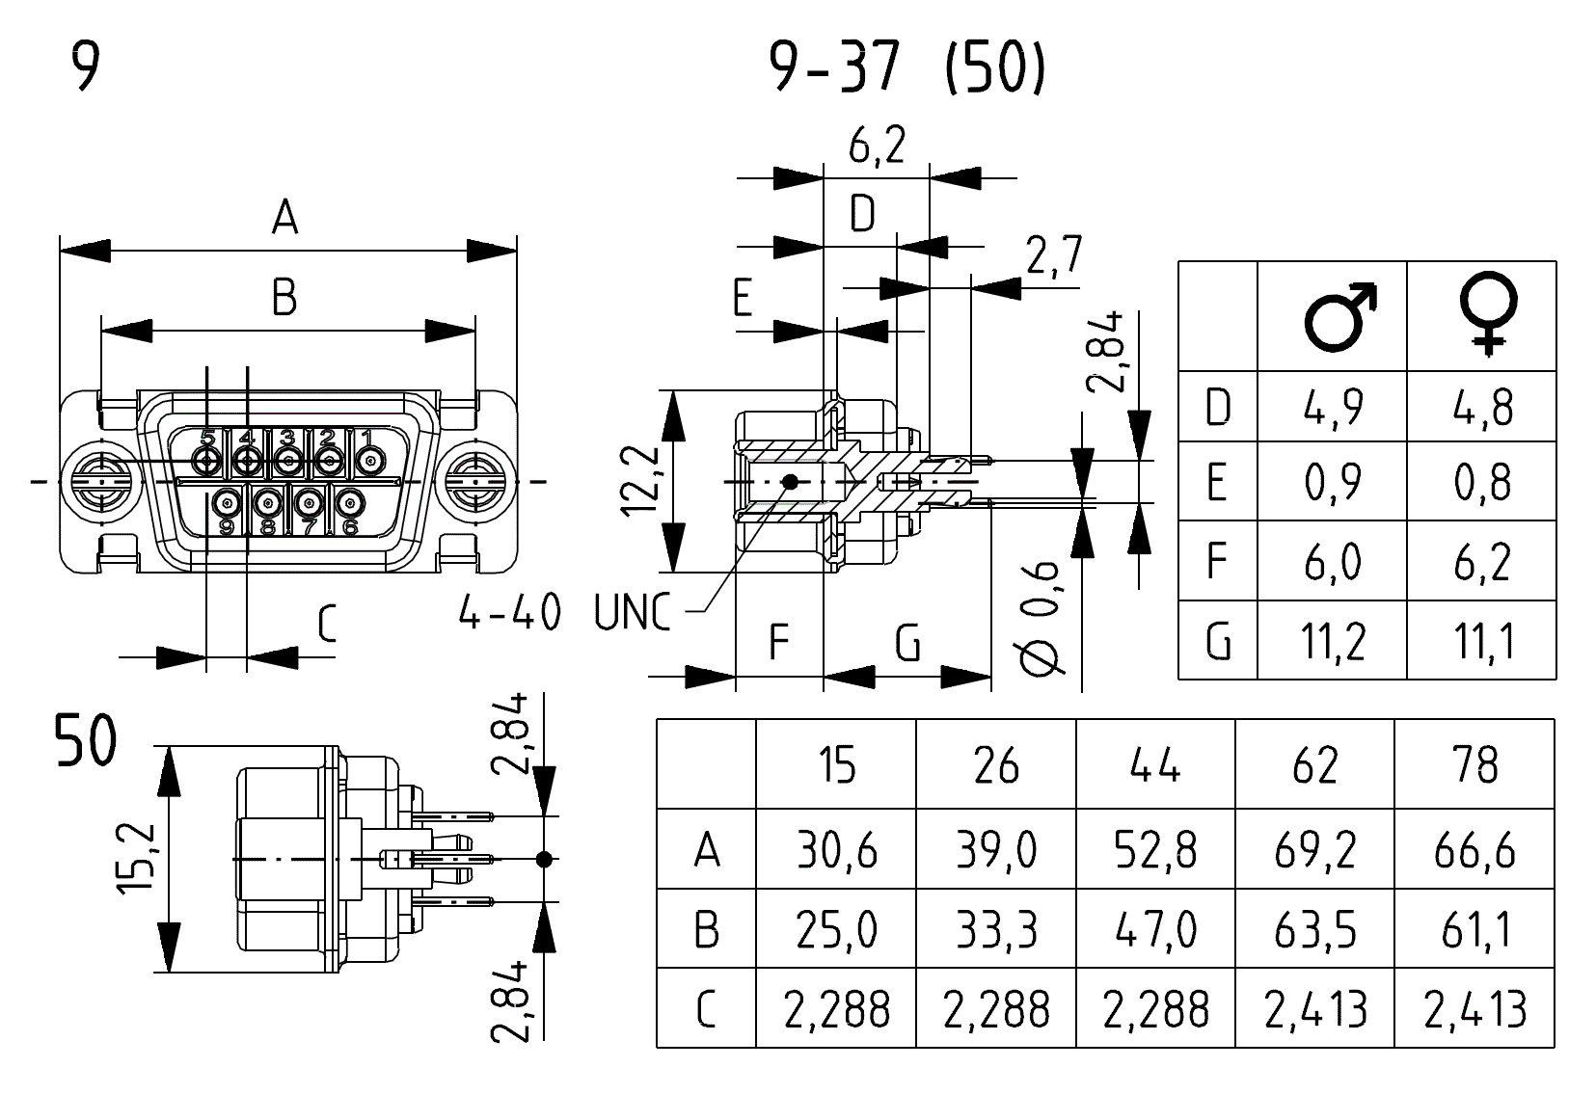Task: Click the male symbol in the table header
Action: [1339, 316]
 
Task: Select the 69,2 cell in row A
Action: [1314, 850]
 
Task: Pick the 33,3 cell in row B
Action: [995, 930]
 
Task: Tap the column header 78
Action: [1474, 765]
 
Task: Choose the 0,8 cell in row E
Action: [1482, 483]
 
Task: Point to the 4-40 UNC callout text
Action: [563, 612]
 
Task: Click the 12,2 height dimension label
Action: [640, 481]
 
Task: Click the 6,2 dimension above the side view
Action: [876, 147]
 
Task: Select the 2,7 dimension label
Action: [1053, 256]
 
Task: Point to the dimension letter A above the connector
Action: [284, 218]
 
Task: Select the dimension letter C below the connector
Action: [326, 625]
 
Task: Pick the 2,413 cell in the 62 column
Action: [1314, 1009]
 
